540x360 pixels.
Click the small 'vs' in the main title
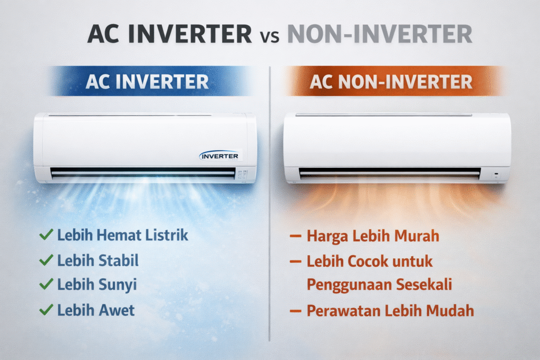pyautogui.click(x=269, y=36)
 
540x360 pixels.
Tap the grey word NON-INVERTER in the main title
pyautogui.click(x=380, y=34)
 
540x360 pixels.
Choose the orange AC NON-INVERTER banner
pyautogui.click(x=391, y=82)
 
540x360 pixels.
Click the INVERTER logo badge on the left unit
pyautogui.click(x=219, y=156)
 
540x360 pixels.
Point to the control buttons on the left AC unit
pyautogui.click(x=243, y=174)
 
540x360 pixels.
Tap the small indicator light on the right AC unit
pyautogui.click(x=496, y=174)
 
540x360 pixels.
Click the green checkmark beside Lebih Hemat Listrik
pyautogui.click(x=46, y=235)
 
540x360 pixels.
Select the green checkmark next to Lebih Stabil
pyautogui.click(x=46, y=260)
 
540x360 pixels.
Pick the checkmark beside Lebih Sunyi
pyautogui.click(x=46, y=284)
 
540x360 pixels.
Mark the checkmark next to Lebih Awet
pyautogui.click(x=46, y=310)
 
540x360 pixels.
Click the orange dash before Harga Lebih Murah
pyautogui.click(x=295, y=236)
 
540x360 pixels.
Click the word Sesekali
pyautogui.click(x=423, y=285)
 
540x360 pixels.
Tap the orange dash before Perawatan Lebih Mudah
pyautogui.click(x=295, y=312)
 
